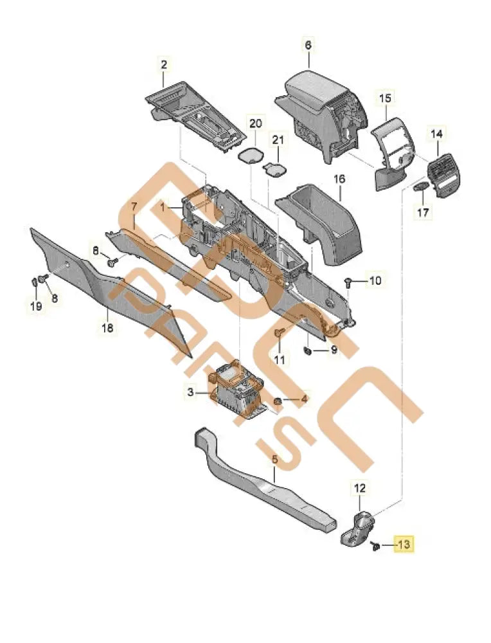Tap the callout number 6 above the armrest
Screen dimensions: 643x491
coord(308,45)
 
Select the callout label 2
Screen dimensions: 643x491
coord(164,64)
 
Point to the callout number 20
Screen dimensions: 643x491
coord(255,123)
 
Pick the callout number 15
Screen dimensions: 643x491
coord(384,98)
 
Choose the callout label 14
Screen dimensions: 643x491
coord(436,134)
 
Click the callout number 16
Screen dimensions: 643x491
coord(339,179)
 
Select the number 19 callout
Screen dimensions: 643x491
coord(36,306)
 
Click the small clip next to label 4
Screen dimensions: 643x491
coord(278,401)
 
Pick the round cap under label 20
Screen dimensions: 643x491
coord(252,155)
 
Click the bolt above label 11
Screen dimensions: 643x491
coord(280,333)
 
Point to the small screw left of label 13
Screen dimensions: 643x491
coord(373,546)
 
